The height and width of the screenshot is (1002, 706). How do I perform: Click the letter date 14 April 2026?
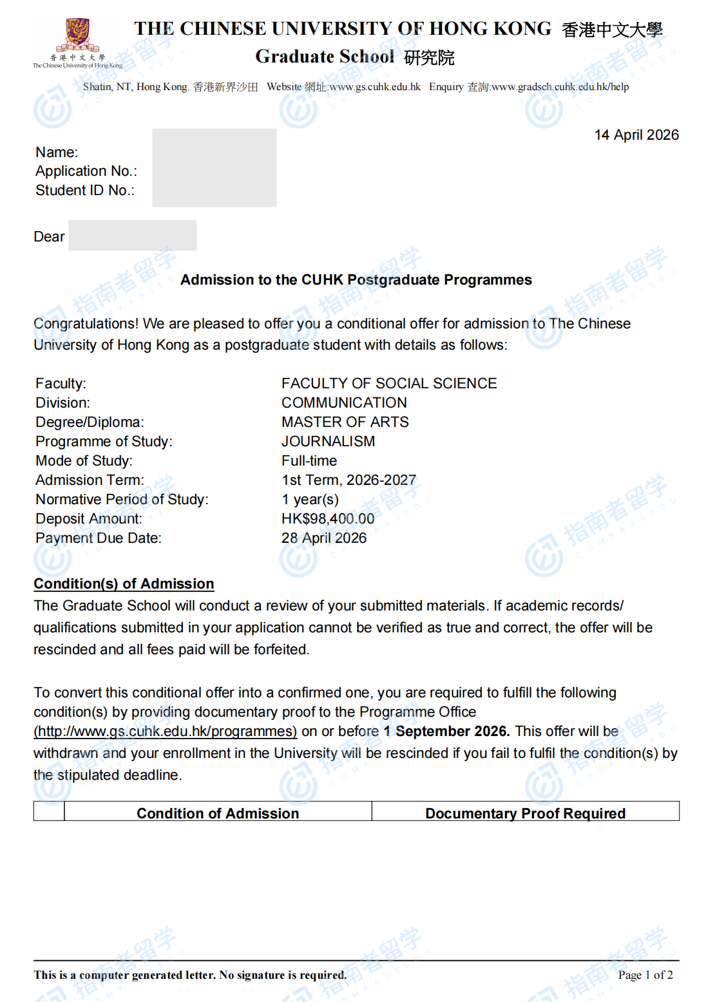(x=636, y=135)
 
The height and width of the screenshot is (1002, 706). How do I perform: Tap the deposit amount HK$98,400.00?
(x=327, y=519)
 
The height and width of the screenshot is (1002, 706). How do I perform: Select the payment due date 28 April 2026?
(x=323, y=538)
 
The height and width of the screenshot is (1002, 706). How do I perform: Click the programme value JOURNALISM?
(x=328, y=442)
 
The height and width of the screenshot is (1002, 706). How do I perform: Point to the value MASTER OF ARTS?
(x=345, y=422)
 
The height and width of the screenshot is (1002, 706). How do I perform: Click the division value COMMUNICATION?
(x=344, y=403)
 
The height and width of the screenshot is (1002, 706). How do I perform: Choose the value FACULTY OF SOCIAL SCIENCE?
(x=388, y=384)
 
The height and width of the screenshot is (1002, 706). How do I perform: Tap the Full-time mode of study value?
(x=309, y=461)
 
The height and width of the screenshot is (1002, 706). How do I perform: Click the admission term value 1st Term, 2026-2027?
(x=348, y=480)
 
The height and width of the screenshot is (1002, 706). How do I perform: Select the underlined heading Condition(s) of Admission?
(x=124, y=584)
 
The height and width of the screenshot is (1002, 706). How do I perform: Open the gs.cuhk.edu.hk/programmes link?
(x=166, y=732)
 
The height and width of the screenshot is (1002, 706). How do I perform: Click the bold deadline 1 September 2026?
(x=446, y=732)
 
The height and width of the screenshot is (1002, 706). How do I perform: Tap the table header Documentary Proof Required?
(x=525, y=813)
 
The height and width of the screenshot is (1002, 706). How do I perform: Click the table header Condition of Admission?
(x=218, y=813)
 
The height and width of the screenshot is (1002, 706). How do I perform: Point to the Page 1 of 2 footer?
(x=645, y=975)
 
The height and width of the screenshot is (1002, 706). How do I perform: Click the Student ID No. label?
(x=85, y=191)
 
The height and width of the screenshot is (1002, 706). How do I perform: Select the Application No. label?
(x=86, y=171)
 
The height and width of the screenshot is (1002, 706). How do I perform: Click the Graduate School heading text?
(x=325, y=57)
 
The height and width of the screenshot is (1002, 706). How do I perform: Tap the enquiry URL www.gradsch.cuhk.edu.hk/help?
(x=560, y=87)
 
